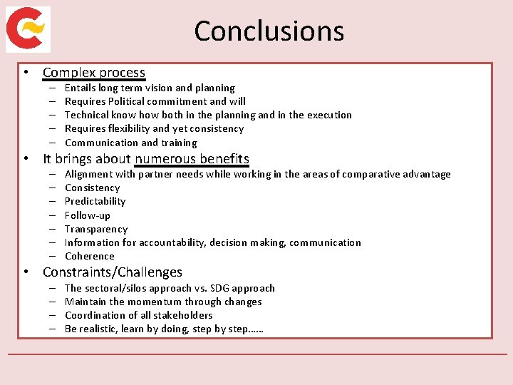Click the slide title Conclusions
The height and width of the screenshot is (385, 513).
[x=269, y=31]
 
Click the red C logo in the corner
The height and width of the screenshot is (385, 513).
[x=28, y=29]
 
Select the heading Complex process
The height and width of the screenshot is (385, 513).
[x=93, y=73]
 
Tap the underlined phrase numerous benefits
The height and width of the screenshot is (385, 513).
[x=192, y=159]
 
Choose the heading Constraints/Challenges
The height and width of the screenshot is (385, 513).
[x=112, y=272]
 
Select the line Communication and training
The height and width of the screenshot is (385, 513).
[x=130, y=143]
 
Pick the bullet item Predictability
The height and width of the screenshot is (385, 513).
[x=95, y=202]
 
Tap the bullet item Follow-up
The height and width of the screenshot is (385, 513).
[x=87, y=215]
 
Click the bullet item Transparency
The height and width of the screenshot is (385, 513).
[x=95, y=229]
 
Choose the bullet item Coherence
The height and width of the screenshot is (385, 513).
[x=89, y=257]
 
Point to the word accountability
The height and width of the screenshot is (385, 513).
[x=172, y=243]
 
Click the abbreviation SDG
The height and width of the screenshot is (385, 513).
[x=219, y=288]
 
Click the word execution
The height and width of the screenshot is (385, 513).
[x=329, y=115]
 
